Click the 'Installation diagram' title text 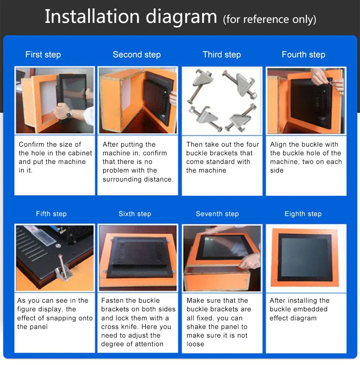coord(130,17)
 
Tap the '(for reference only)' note coord(269,19)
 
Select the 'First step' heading coord(43,55)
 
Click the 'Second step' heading coord(136,55)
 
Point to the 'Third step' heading coord(222,55)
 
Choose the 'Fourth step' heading coord(303,55)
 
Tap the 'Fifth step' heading coord(51,214)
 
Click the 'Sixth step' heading coord(135,214)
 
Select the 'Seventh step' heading coord(217,214)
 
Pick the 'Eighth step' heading coord(303,214)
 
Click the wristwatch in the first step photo coord(69,114)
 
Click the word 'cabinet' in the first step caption coord(80,153)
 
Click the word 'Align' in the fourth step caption coord(278,144)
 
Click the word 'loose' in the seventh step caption coord(195,344)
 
